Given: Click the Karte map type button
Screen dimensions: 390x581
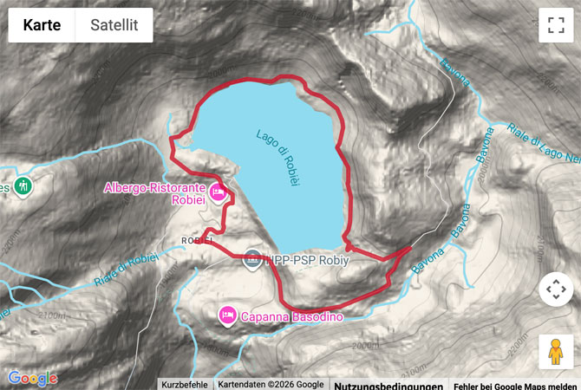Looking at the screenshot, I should coord(42,25).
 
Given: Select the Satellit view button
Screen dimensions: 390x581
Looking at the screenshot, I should coord(114,25).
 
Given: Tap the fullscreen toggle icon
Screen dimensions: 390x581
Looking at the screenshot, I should coord(556,25).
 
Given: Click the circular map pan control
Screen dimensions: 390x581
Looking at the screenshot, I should coord(556,289).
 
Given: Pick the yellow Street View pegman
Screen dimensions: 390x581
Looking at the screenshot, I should coord(556,352).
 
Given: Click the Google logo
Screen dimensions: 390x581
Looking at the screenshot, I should coord(33,378).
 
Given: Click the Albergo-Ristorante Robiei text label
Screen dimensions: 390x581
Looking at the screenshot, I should coord(153,192).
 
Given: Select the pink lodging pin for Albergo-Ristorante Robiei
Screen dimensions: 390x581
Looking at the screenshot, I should coord(218,192).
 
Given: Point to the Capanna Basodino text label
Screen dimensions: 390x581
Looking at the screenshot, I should coord(292,317).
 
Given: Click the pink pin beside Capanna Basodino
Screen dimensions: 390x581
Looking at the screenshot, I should coord(227,314).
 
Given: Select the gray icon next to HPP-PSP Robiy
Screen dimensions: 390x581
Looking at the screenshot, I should coord(252,257).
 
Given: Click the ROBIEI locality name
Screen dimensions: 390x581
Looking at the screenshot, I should coord(197,240).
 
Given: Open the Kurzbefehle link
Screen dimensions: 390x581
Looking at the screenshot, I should coord(185,384).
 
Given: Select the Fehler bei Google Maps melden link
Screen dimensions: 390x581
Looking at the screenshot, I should coord(514,385).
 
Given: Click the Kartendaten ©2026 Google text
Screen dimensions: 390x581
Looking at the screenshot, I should coord(271,384).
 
